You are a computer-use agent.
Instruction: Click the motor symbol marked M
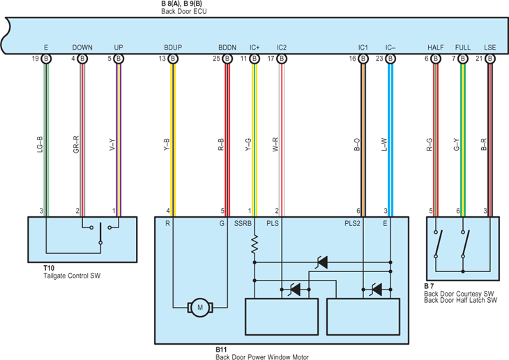coord(200,308)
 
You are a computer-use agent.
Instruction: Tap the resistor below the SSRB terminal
coord(254,244)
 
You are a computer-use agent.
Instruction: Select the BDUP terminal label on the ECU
coord(173,47)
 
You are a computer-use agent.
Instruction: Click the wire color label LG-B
coord(40,144)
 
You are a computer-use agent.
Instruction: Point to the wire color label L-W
coord(384,144)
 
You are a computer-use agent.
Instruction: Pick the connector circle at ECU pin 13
coord(173,59)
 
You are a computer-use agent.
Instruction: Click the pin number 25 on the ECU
coord(216,59)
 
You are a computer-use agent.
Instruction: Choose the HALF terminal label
coord(435,47)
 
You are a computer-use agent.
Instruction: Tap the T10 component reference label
coord(49,268)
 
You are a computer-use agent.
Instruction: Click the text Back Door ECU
coord(184,11)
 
